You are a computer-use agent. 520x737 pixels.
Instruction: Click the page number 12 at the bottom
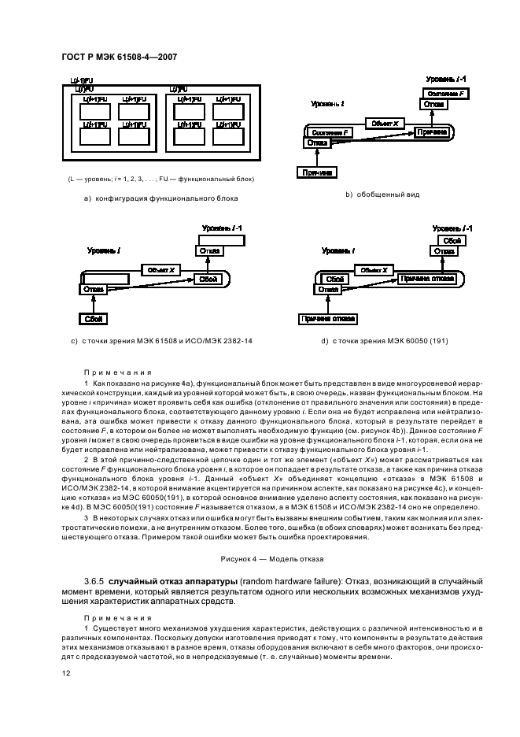click(66, 674)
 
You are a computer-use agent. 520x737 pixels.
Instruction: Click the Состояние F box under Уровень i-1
click(443, 93)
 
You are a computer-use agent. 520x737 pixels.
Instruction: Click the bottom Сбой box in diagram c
click(93, 319)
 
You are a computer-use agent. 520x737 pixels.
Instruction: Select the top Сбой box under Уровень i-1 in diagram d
click(451, 239)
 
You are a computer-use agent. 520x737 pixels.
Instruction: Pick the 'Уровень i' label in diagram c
click(105, 250)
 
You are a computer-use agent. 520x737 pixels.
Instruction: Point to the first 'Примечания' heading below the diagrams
click(117, 372)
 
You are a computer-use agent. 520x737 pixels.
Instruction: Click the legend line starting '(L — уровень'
click(160, 180)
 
